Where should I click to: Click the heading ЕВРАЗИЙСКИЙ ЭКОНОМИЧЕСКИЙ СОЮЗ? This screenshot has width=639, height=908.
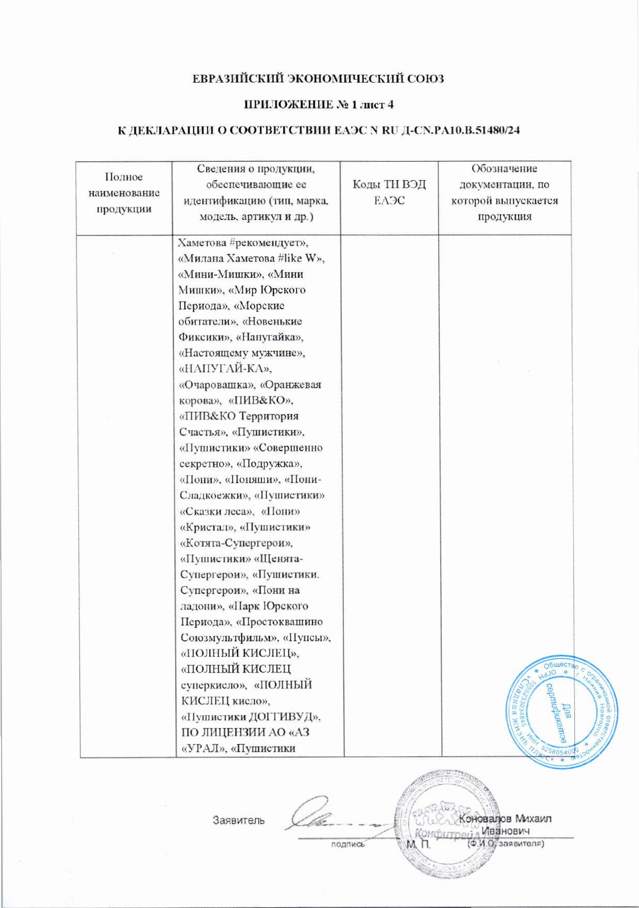(319, 79)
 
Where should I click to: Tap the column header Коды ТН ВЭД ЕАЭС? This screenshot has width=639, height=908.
(389, 192)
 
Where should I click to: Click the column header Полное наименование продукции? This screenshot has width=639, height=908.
(124, 193)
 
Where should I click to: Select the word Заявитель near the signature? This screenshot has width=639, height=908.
(239, 820)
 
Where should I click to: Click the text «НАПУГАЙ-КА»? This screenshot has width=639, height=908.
(225, 369)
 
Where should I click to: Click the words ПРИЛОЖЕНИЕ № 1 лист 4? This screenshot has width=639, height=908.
(319, 104)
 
